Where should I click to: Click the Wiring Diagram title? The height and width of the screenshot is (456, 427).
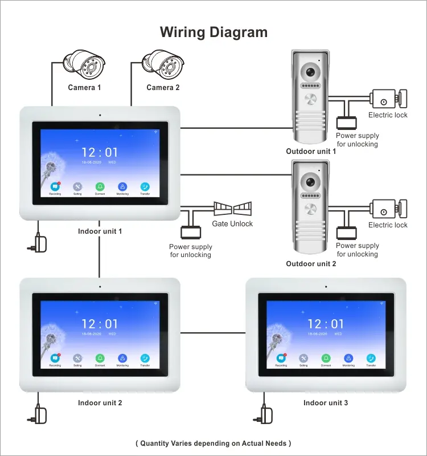pyautogui.click(x=213, y=32)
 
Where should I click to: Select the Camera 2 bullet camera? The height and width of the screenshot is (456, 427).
pyautogui.click(x=162, y=66)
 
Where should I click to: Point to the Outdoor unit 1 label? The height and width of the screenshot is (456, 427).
pyautogui.click(x=311, y=151)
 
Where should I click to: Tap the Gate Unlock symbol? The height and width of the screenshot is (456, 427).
pyautogui.click(x=232, y=207)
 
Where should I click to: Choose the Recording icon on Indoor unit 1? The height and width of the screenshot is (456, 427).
pyautogui.click(x=55, y=187)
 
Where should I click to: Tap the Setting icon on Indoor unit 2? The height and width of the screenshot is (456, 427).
pyautogui.click(x=77, y=359)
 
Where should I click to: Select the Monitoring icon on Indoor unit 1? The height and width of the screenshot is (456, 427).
pyautogui.click(x=122, y=187)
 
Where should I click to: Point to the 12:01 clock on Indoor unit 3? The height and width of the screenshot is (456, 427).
pyautogui.click(x=326, y=324)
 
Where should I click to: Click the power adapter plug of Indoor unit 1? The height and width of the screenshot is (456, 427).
pyautogui.click(x=38, y=243)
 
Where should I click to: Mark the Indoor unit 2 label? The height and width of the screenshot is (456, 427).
pyautogui.click(x=100, y=403)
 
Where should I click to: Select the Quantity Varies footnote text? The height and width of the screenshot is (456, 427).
pyautogui.click(x=213, y=443)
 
